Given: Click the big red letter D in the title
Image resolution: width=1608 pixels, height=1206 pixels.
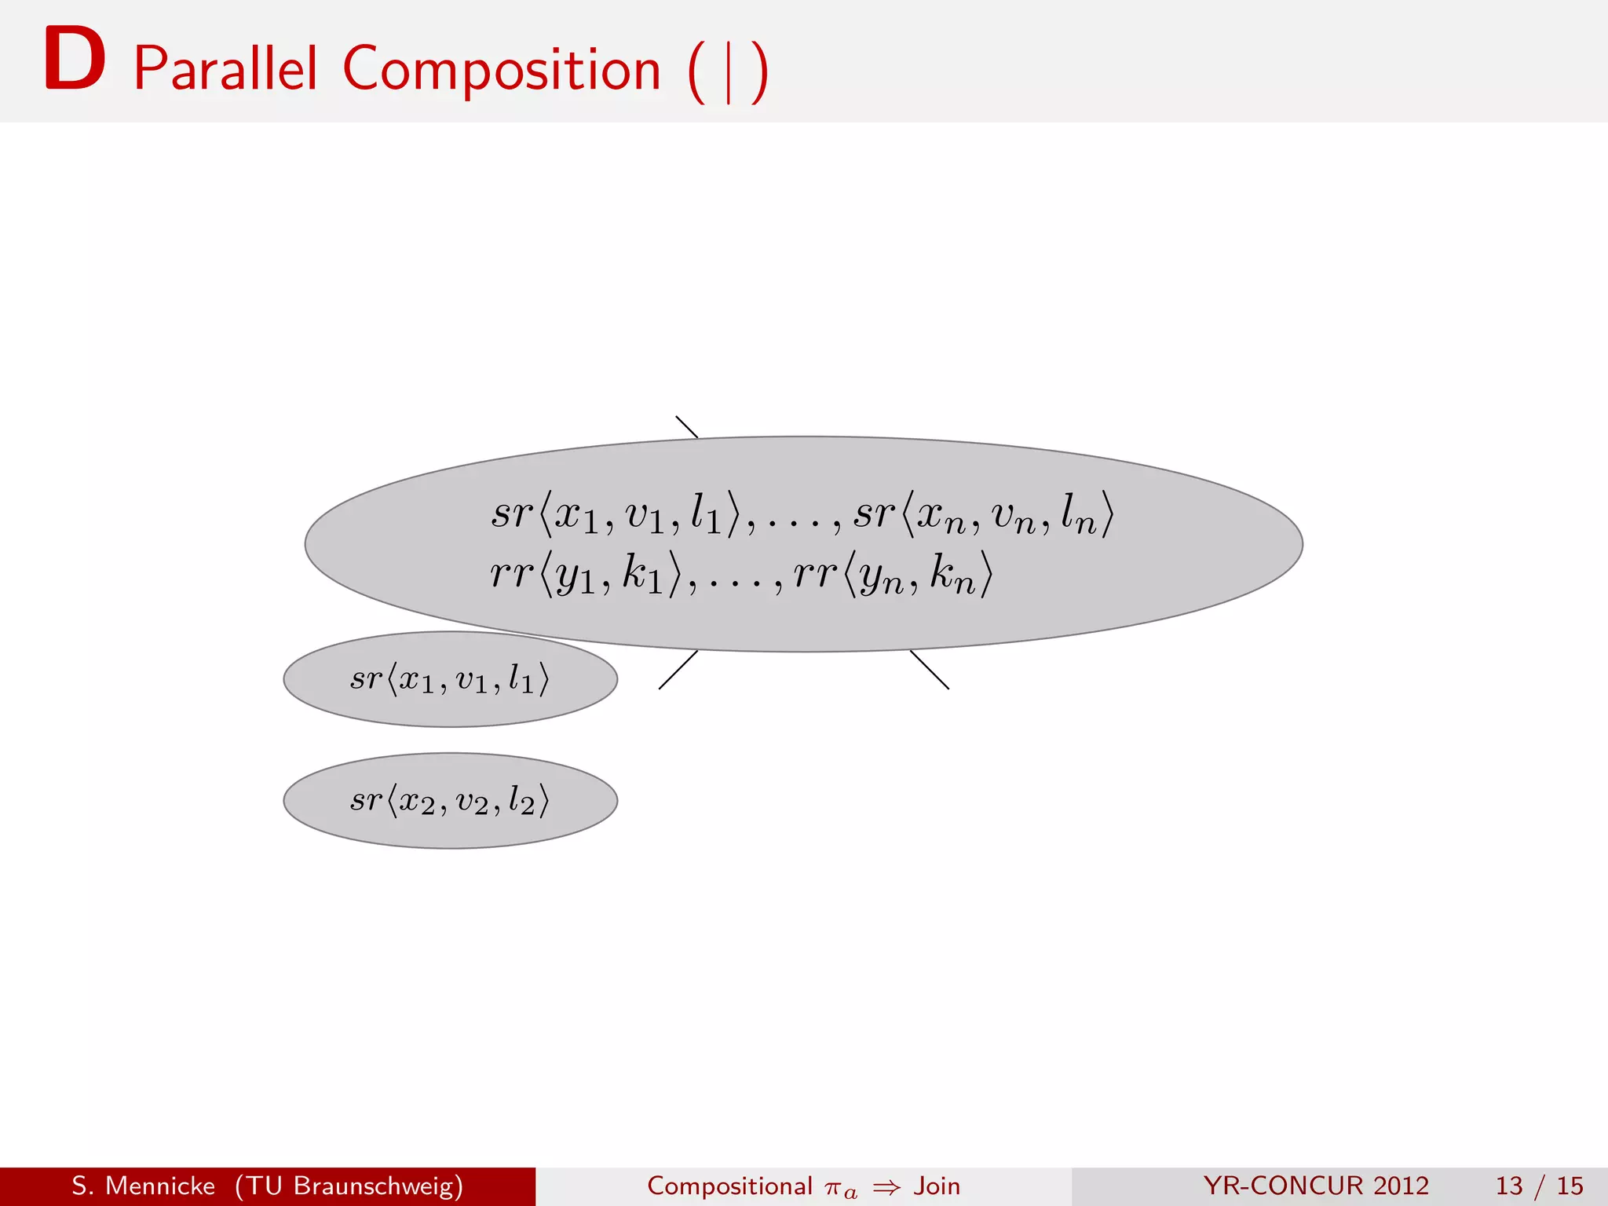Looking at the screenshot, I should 75,60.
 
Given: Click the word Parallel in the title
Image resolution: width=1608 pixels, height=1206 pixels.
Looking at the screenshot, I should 225,69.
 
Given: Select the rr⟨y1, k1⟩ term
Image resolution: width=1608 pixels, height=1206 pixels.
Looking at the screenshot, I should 586,575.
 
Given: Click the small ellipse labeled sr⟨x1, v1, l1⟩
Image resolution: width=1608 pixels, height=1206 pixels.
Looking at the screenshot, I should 450,680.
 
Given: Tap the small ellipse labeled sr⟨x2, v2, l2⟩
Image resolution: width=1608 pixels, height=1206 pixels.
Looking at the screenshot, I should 450,801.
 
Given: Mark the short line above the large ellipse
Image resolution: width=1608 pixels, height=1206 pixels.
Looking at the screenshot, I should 687,426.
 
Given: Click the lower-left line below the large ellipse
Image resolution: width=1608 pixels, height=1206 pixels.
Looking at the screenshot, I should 678,670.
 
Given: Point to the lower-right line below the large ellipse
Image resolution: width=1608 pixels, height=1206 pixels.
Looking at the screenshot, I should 930,670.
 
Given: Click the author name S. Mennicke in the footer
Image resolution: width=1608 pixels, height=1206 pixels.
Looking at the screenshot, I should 143,1186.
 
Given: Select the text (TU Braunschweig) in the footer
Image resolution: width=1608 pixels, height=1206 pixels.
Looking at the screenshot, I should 349,1186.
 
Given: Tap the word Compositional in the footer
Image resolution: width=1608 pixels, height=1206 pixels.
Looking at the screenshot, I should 729,1186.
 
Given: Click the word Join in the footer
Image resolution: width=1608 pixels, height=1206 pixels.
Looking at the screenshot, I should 937,1186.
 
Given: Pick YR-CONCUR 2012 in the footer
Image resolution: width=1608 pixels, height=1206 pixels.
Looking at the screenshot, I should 1316,1186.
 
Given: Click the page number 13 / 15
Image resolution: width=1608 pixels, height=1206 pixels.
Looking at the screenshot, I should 1539,1186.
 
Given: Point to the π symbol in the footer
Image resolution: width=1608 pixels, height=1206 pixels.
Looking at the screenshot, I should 833,1188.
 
